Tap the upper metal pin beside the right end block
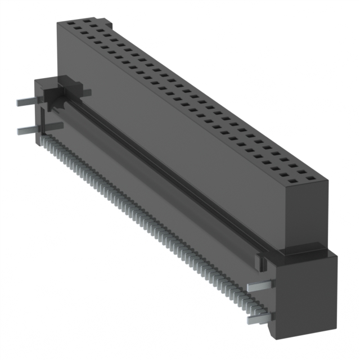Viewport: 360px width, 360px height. (x=259, y=286)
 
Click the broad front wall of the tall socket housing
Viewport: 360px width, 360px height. (x=169, y=135)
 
